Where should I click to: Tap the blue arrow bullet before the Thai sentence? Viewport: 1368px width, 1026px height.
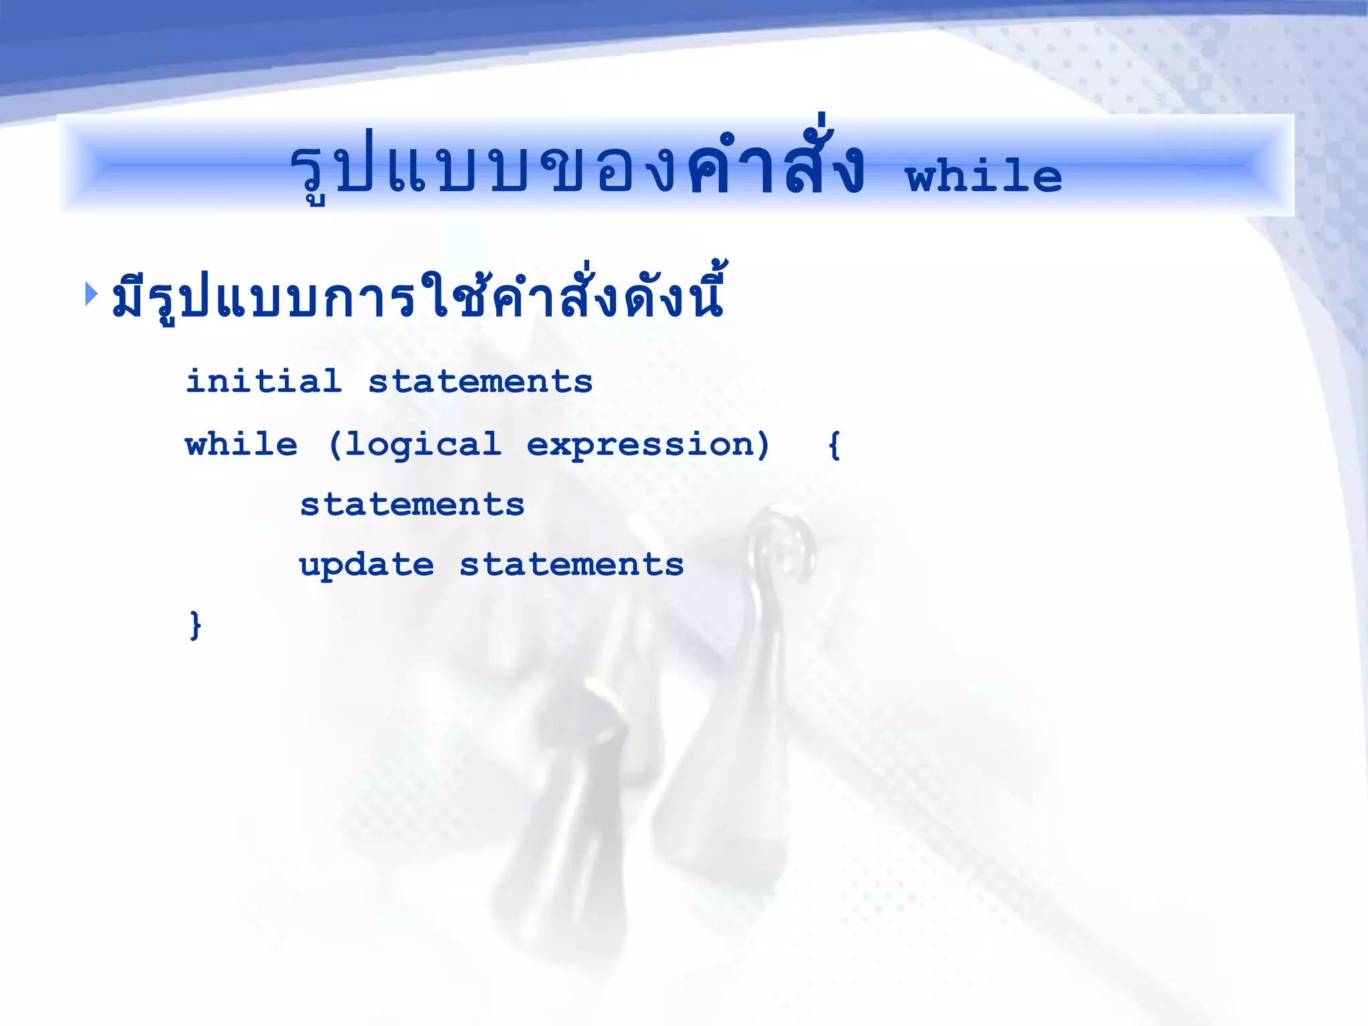(92, 294)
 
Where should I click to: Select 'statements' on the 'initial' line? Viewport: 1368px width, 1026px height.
(480, 381)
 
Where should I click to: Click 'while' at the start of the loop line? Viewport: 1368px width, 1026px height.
(241, 444)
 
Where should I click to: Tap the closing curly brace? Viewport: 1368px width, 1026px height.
(195, 625)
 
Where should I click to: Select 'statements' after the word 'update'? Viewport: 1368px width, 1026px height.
(572, 564)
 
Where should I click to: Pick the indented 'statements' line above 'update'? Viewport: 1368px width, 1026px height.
(412, 504)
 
